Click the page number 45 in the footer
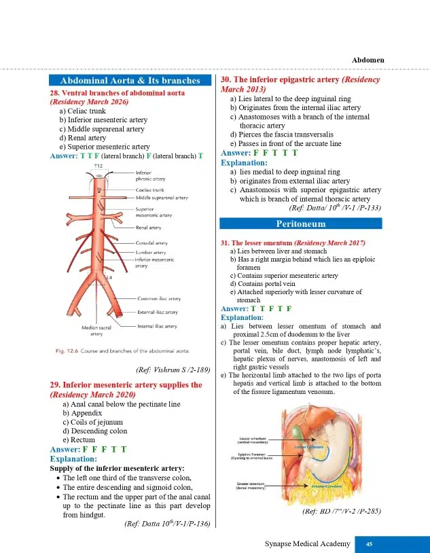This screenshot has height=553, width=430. (x=370, y=543)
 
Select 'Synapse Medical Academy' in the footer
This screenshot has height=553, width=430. (x=308, y=543)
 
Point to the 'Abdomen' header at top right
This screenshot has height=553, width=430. (x=368, y=60)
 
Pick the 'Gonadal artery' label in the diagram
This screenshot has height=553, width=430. (x=152, y=243)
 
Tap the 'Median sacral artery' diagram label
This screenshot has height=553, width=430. (x=97, y=330)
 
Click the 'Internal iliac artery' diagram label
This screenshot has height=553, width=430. (x=158, y=326)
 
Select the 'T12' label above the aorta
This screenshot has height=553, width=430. (x=98, y=166)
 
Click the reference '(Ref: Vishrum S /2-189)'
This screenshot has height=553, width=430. (x=173, y=370)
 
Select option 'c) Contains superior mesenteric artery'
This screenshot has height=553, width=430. (x=284, y=276)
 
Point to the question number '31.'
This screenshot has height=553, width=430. (x=227, y=243)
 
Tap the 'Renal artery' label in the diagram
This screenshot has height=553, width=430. (x=148, y=228)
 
